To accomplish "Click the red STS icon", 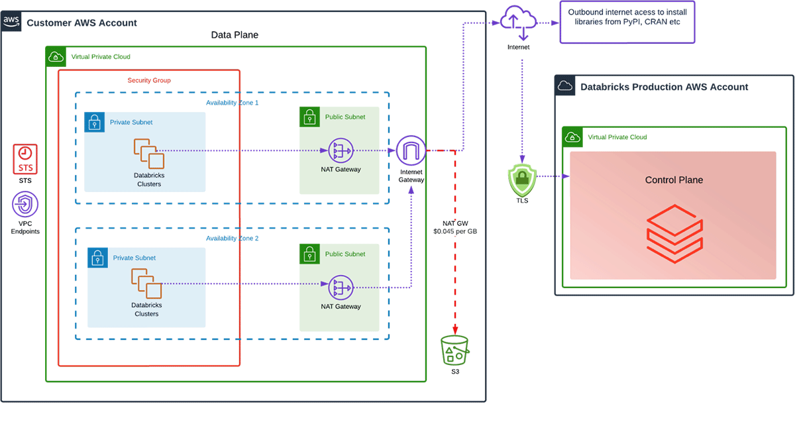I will (x=26, y=159).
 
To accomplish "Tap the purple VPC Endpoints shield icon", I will (x=26, y=205).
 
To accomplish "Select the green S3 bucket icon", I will (x=454, y=350).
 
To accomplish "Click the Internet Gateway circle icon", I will (x=411, y=151).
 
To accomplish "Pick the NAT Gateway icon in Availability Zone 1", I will (x=341, y=150).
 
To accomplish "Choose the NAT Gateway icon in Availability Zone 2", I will (x=341, y=287).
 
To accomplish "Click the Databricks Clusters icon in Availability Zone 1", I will (x=149, y=153).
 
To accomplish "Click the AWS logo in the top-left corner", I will (x=11, y=21).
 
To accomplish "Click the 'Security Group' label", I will (x=149, y=80).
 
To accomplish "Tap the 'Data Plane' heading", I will (x=235, y=34).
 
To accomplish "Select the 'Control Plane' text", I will (x=674, y=180).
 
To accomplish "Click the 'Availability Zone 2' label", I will (x=233, y=238).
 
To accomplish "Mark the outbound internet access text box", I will (x=627, y=22).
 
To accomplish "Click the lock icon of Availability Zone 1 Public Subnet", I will (x=308, y=117).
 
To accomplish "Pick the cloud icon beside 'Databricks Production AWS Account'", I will (x=564, y=86).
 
